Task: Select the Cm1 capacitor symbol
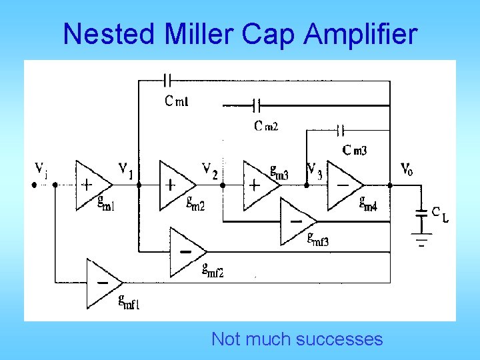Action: [167, 81]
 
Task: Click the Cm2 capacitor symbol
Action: [257, 105]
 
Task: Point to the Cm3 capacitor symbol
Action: [342, 129]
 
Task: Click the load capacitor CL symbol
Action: [421, 213]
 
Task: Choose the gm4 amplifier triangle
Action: [344, 185]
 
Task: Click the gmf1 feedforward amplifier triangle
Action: [102, 283]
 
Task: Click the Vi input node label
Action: [41, 170]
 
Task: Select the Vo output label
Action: [406, 169]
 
